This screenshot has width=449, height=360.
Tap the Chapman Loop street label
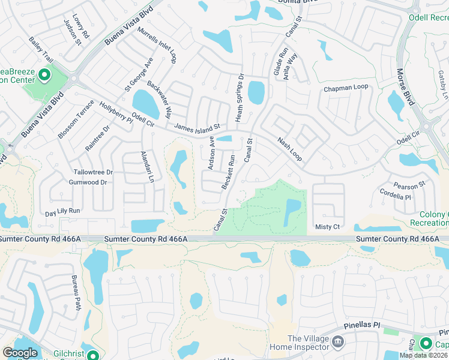point(345,88)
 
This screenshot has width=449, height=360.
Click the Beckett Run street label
point(229,173)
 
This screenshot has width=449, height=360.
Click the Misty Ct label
point(328,227)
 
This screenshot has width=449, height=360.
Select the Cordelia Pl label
point(395,195)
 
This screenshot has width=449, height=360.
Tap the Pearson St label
point(409,184)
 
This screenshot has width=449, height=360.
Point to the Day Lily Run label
point(62,212)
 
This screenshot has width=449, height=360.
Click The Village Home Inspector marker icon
point(338,342)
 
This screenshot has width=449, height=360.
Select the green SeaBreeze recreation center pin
point(44,75)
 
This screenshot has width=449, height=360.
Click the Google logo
point(20,353)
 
